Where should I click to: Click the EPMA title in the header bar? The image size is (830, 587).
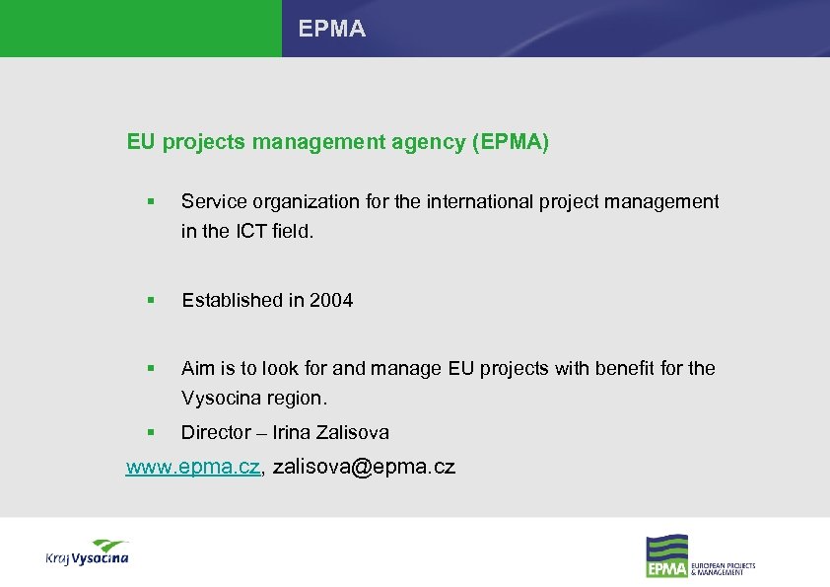coord(332,30)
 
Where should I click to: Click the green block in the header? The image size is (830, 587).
coord(140,29)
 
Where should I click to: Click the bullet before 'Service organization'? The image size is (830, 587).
coord(150,202)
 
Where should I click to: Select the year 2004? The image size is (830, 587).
coord(331,300)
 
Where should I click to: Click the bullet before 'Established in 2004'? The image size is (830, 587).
coord(150,301)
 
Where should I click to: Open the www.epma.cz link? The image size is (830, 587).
coord(193,467)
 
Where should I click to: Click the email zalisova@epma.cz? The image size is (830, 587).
coord(364,467)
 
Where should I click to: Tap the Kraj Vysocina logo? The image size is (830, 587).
coord(87,552)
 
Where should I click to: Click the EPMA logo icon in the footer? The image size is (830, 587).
coord(666,556)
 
